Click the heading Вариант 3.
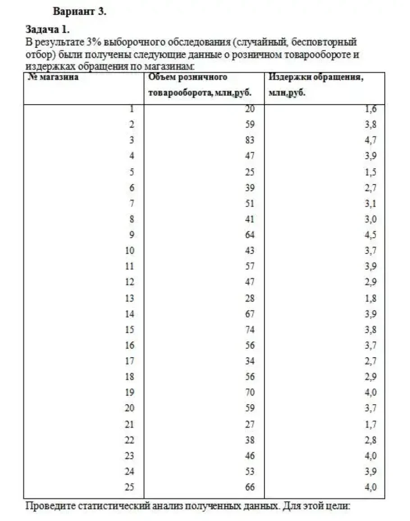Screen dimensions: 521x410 [x=80, y=12]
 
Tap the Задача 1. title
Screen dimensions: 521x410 [x=48, y=30]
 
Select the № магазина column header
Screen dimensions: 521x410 [x=53, y=77]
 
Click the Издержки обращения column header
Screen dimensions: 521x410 [x=316, y=77]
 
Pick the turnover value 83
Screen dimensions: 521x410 [x=250, y=140]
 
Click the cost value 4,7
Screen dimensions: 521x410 [x=371, y=140]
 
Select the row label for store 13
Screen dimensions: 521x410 [x=129, y=298]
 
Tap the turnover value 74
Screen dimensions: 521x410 [x=250, y=330]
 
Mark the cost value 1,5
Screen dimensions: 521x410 [x=371, y=172]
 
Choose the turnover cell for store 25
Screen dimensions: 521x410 [x=250, y=487]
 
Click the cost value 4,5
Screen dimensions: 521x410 [x=371, y=235]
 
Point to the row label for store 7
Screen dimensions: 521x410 [x=132, y=203]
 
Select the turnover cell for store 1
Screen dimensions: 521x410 [x=250, y=109]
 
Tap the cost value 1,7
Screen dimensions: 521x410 [x=371, y=424]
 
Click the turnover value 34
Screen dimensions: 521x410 [x=250, y=361]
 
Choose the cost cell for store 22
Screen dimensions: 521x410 [x=371, y=440]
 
